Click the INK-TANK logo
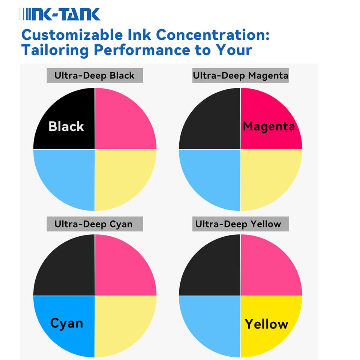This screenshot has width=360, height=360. click(60, 14)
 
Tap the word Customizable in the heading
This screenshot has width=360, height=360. click(72, 35)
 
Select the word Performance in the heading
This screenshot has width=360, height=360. click(142, 50)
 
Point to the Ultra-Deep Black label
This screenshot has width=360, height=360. click(94, 75)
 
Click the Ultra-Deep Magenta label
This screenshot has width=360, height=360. click(240, 75)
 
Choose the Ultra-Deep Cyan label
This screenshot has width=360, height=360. click(94, 224)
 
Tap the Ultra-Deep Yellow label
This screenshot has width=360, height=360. click(240, 224)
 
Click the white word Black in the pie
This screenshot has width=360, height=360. click(66, 126)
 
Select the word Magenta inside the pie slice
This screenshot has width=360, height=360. click(268, 127)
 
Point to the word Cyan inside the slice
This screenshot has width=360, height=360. click(67, 324)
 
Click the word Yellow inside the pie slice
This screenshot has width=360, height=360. click(266, 324)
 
